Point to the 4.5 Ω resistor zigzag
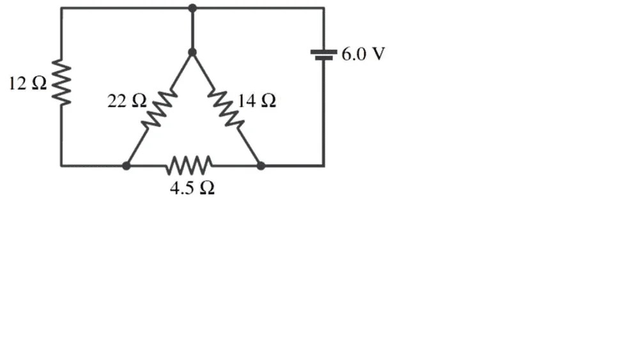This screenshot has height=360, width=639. click(x=189, y=166)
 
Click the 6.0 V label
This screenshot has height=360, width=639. click(x=363, y=54)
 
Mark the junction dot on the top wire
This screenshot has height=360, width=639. click(x=192, y=8)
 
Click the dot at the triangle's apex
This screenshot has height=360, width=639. click(x=192, y=52)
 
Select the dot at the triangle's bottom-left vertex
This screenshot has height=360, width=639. click(x=127, y=166)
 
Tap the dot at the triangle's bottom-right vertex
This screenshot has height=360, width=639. click(x=260, y=166)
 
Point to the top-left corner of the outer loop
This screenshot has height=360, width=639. click(x=61, y=8)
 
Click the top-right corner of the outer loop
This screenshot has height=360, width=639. click(x=323, y=8)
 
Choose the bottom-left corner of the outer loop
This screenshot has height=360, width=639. click(x=61, y=166)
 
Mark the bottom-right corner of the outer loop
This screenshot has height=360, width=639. click(x=323, y=166)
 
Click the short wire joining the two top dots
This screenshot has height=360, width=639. click(x=192, y=30)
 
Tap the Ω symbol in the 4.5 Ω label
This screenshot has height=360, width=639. click(x=207, y=189)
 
